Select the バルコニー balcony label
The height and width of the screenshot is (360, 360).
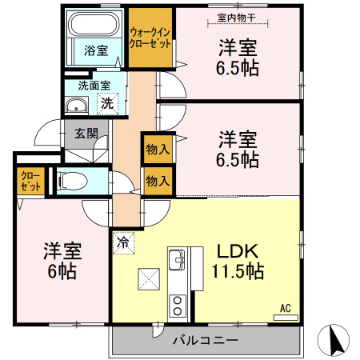pyautogui.click(x=206, y=341)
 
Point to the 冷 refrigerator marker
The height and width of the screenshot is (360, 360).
pyautogui.click(x=123, y=239)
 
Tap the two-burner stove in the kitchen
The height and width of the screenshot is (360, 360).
pyautogui.click(x=177, y=305)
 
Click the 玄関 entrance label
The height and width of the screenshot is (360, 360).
pyautogui.click(x=86, y=134)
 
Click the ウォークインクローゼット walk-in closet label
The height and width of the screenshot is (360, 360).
pyautogui.click(x=150, y=38)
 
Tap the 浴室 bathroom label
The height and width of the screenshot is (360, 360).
pyautogui.click(x=96, y=50)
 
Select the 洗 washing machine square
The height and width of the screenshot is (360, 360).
pyautogui.click(x=106, y=102)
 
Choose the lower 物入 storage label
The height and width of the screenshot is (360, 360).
pyautogui.click(x=157, y=181)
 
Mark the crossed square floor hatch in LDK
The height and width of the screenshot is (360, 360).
pyautogui.click(x=150, y=279)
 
